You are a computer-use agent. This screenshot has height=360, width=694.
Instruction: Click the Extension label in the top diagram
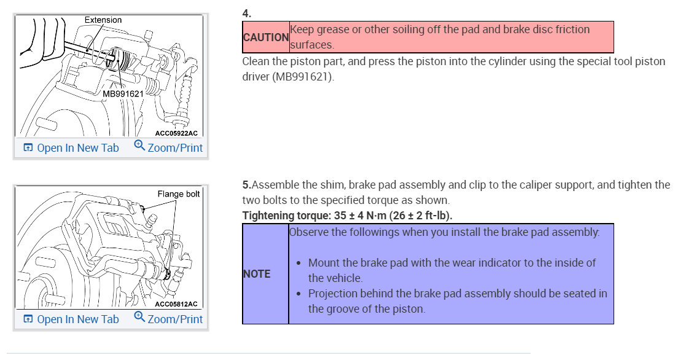tap(103, 20)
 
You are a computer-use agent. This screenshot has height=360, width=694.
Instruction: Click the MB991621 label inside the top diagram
tap(123, 93)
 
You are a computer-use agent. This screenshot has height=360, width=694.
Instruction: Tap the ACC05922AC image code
tap(176, 133)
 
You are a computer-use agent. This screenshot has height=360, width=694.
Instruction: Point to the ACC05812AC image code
tap(176, 303)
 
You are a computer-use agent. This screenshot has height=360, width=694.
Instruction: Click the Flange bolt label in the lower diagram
tap(179, 194)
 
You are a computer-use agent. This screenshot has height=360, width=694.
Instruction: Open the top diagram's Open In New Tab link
tap(77, 148)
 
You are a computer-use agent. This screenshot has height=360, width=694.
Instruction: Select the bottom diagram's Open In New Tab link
tap(77, 319)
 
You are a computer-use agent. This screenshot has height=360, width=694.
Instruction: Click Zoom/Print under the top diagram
tap(175, 148)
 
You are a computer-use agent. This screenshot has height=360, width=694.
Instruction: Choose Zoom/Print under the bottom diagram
tap(175, 319)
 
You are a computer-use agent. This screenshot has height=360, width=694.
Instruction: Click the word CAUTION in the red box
tap(266, 37)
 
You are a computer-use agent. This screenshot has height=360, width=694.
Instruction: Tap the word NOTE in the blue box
tap(257, 274)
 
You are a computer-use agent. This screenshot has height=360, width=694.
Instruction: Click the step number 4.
tap(247, 12)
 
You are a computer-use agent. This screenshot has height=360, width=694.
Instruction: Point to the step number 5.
tap(246, 184)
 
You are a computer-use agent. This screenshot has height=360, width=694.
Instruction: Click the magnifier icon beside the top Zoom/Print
tap(139, 146)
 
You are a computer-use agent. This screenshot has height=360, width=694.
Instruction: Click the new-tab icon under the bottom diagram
tap(28, 319)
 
